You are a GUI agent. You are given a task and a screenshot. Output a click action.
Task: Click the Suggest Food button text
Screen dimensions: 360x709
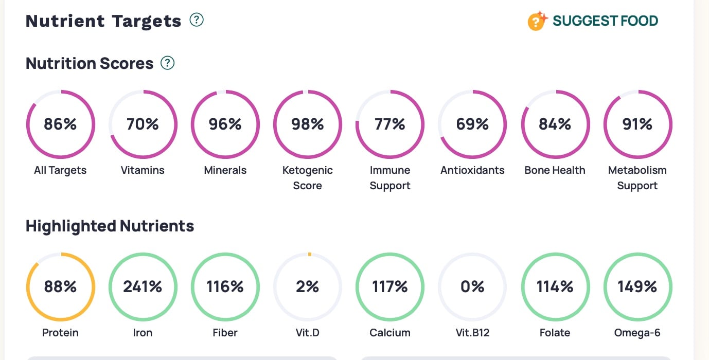pyautogui.click(x=605, y=21)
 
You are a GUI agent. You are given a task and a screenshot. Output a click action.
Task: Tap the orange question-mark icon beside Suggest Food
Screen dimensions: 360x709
pyautogui.click(x=537, y=22)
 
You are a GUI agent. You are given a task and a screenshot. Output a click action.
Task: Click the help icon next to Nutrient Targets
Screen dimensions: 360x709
pyautogui.click(x=197, y=20)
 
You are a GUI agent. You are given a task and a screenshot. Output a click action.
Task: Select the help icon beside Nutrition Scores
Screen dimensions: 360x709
pyautogui.click(x=168, y=63)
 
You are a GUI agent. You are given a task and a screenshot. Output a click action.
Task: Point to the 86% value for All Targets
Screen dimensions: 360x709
pyautogui.click(x=60, y=124)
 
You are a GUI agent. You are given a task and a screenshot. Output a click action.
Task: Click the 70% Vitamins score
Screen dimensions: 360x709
pyautogui.click(x=143, y=124)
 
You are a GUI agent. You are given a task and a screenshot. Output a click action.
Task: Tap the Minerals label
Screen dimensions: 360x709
pyautogui.click(x=225, y=170)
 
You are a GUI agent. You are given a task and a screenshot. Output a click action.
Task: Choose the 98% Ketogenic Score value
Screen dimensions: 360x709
pyautogui.click(x=308, y=124)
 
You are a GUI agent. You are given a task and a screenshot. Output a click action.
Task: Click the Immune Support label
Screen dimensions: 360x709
pyautogui.click(x=390, y=177)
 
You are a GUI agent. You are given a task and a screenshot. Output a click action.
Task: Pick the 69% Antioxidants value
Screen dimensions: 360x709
pyautogui.click(x=472, y=124)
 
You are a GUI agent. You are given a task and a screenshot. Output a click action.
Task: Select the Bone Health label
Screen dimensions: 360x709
pyautogui.click(x=555, y=170)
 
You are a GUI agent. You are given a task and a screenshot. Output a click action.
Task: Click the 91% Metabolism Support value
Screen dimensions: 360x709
pyautogui.click(x=637, y=124)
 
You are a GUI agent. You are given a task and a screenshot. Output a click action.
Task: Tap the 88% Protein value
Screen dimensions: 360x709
pyautogui.click(x=60, y=287)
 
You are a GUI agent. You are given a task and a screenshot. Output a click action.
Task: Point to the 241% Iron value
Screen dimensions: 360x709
pyautogui.click(x=143, y=287)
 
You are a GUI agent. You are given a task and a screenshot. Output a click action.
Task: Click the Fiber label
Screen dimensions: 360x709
pyautogui.click(x=225, y=333)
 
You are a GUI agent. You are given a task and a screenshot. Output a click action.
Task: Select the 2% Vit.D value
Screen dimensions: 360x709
pyautogui.click(x=308, y=287)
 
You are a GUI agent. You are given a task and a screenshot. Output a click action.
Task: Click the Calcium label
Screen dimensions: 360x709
pyautogui.click(x=390, y=333)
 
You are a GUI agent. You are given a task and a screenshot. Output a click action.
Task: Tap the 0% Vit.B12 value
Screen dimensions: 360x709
pyautogui.click(x=472, y=287)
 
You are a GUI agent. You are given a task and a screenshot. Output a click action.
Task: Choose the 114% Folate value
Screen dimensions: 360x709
pyautogui.click(x=555, y=287)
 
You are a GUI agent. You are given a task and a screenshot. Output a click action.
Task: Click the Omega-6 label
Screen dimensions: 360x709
pyautogui.click(x=637, y=333)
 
